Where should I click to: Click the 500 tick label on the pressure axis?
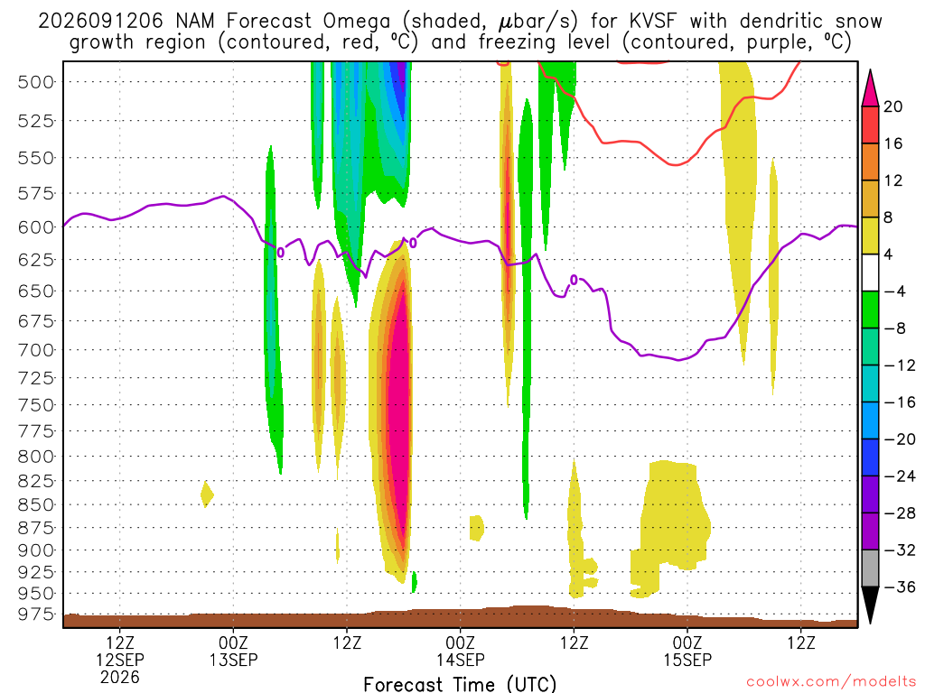point(36,82)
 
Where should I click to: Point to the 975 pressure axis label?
point(36,614)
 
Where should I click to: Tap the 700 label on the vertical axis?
point(36,350)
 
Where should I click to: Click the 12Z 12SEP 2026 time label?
point(120,660)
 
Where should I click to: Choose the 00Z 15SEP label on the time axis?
point(687,651)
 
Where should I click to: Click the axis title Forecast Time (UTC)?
point(460,684)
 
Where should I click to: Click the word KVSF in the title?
point(653,22)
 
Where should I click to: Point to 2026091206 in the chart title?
point(100,22)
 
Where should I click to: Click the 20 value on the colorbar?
point(892,106)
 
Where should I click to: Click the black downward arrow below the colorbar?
point(870,605)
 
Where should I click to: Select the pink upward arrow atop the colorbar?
point(870,88)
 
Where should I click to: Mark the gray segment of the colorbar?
point(870,568)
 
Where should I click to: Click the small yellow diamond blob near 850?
point(207,494)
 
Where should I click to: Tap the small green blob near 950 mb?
point(414,582)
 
